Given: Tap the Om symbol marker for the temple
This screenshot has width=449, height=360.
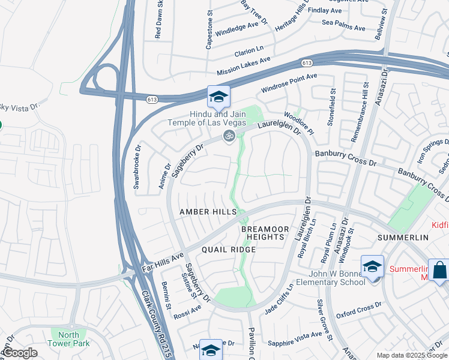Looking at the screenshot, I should pyautogui.click(x=228, y=136).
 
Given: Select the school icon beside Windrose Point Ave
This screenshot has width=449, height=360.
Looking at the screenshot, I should pyautogui.click(x=218, y=97).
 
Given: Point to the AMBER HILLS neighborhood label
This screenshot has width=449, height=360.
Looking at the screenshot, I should pyautogui.click(x=208, y=212).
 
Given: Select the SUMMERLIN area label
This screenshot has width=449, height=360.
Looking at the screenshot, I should pyautogui.click(x=402, y=238).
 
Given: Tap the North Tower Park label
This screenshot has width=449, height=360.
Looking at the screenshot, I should pyautogui.click(x=70, y=339).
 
